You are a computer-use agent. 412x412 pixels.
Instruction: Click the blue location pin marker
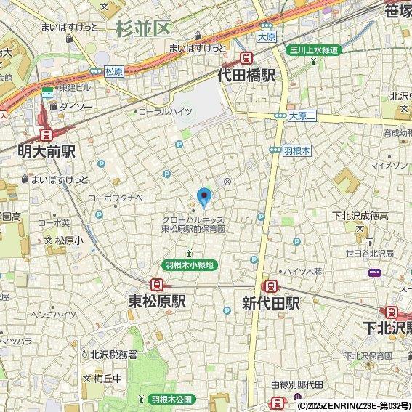[x=204, y=196]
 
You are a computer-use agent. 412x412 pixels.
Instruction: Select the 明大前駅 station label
[x=47, y=151]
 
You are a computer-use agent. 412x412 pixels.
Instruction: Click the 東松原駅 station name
[x=157, y=302]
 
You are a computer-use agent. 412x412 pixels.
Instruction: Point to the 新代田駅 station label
[x=271, y=302]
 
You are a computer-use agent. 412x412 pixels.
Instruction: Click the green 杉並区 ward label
[x=142, y=28]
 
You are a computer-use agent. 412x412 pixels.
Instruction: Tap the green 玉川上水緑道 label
[x=311, y=49]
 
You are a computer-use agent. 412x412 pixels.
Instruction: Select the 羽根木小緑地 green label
[x=189, y=265]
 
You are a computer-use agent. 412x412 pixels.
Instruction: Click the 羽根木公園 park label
[x=171, y=400]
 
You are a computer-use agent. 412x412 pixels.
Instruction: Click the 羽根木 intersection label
[x=296, y=150]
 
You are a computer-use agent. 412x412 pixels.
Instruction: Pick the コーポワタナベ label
[x=116, y=198]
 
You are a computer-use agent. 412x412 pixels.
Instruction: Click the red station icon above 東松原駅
[x=156, y=284]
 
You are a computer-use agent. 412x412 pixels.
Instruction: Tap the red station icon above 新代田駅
[x=270, y=286]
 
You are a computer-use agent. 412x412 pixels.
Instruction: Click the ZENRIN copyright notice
[x=354, y=405]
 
